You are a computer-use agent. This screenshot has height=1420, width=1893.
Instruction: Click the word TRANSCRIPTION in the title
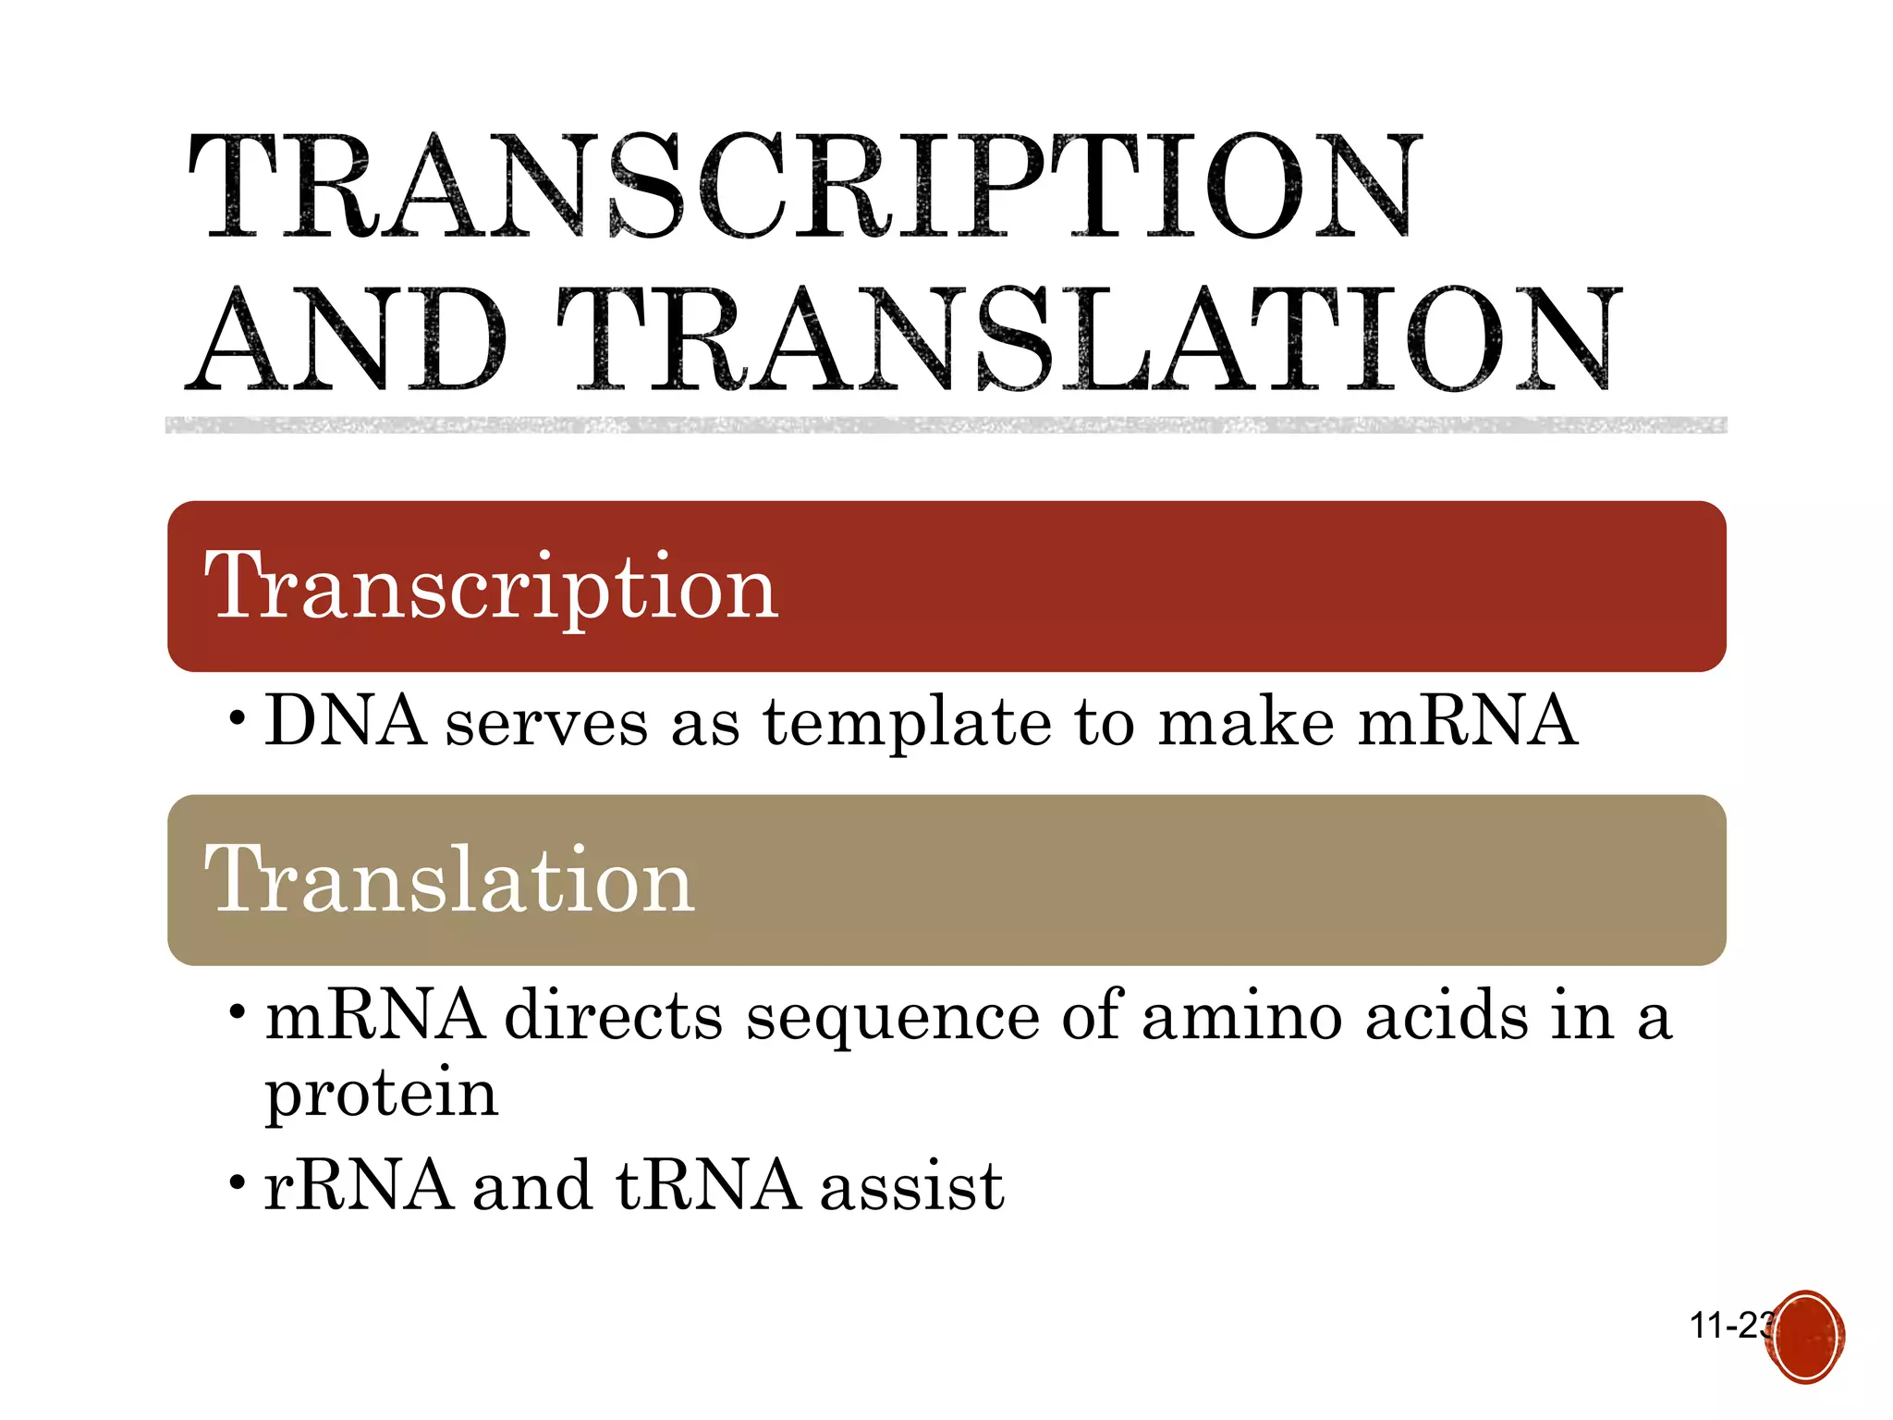(802, 186)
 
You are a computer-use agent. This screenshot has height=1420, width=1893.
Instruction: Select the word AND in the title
(347, 339)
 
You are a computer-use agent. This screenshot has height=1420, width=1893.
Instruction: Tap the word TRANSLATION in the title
(1089, 339)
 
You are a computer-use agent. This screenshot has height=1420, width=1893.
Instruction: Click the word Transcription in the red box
(491, 586)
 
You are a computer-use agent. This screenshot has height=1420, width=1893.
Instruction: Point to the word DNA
(346, 720)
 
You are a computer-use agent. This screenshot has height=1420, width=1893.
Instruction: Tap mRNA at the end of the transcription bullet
(1467, 720)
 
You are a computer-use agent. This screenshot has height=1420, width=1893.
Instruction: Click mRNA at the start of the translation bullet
(374, 1015)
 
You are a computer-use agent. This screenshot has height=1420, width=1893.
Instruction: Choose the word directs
(614, 1015)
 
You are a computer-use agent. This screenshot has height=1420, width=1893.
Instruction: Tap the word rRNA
(359, 1185)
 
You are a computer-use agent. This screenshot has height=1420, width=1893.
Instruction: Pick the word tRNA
(708, 1185)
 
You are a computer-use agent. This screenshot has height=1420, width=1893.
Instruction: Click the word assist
(911, 1187)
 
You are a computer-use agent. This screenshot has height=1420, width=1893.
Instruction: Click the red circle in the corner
(1805, 1337)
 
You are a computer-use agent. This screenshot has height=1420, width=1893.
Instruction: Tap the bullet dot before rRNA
(238, 1182)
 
